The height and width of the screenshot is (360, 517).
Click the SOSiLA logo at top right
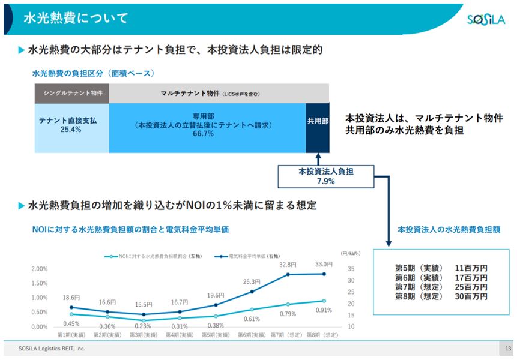pyautogui.click(x=487, y=20)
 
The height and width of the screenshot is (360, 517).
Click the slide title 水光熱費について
pyautogui.click(x=76, y=18)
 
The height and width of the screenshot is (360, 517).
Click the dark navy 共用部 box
pyautogui.click(x=318, y=121)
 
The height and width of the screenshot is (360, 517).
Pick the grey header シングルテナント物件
pyautogui.click(x=71, y=94)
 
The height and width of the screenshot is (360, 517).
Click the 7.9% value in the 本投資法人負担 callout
pyautogui.click(x=326, y=181)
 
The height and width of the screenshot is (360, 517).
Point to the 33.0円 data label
pyautogui.click(x=324, y=264)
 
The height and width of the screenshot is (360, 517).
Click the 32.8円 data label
pyautogui.click(x=288, y=265)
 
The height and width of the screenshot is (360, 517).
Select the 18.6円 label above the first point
pyautogui.click(x=71, y=298)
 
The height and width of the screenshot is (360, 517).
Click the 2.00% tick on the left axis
pyautogui.click(x=39, y=269)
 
